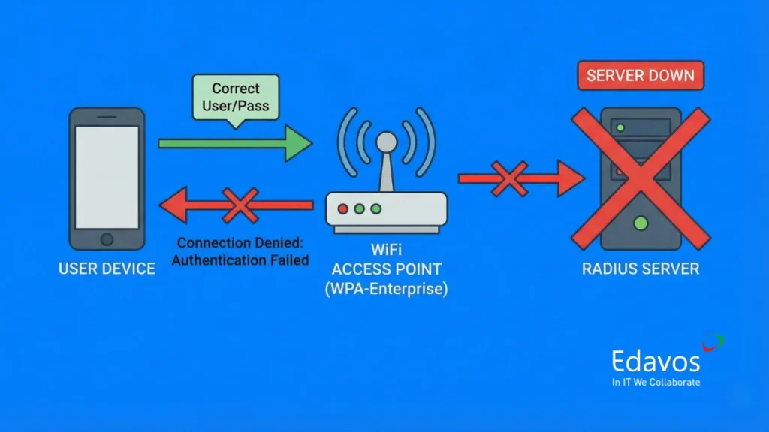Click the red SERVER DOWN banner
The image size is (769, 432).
(x=641, y=76)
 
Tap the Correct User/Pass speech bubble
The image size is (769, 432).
(x=235, y=96)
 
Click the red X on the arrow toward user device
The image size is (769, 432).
(x=240, y=205)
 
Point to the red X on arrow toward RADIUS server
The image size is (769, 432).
(x=509, y=179)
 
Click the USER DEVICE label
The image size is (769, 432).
(x=107, y=268)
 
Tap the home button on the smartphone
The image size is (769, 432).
(x=107, y=239)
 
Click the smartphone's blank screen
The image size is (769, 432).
(x=107, y=177)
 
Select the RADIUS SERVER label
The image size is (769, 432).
(x=641, y=268)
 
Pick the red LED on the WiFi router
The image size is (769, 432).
(x=342, y=208)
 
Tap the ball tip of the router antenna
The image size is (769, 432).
(x=385, y=141)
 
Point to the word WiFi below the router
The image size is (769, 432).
(x=386, y=249)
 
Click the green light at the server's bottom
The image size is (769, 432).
(x=640, y=223)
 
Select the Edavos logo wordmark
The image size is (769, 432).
(x=655, y=361)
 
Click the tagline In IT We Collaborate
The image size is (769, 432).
(x=656, y=382)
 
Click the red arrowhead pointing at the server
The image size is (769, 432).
(x=571, y=179)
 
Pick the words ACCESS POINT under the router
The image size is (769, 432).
(x=386, y=269)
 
